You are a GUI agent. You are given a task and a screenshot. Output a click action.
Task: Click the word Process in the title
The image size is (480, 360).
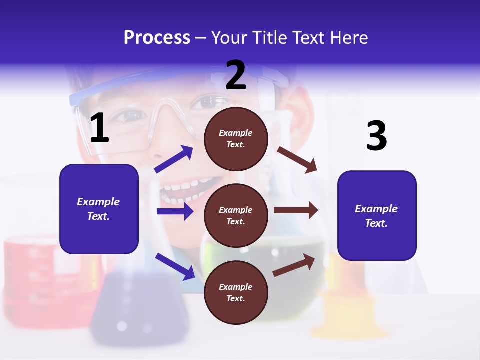pyautogui.click(x=157, y=38)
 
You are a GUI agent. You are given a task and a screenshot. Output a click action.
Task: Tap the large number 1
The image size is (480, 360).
pyautogui.click(x=99, y=128)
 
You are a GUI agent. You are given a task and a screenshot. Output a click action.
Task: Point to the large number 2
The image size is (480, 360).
pyautogui.click(x=236, y=75)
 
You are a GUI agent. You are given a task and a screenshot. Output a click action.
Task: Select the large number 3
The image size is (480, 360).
pyautogui.click(x=376, y=136)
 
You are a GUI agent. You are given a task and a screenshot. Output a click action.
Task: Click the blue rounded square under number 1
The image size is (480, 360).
pyautogui.click(x=99, y=209)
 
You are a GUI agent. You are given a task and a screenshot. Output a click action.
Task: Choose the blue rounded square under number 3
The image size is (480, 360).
pyautogui.click(x=377, y=215)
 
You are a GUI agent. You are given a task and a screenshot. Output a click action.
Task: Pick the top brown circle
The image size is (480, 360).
pyautogui.click(x=236, y=138)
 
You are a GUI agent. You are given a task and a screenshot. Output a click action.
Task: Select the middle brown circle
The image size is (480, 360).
pyautogui.click(x=236, y=215)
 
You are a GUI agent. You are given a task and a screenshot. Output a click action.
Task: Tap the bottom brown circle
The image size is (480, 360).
pyautogui.click(x=236, y=292)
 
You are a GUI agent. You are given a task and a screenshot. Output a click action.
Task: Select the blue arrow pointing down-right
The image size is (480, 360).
pyautogui.click(x=175, y=266)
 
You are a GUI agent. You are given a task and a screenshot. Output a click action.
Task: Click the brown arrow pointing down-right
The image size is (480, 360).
pyautogui.click(x=297, y=159)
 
